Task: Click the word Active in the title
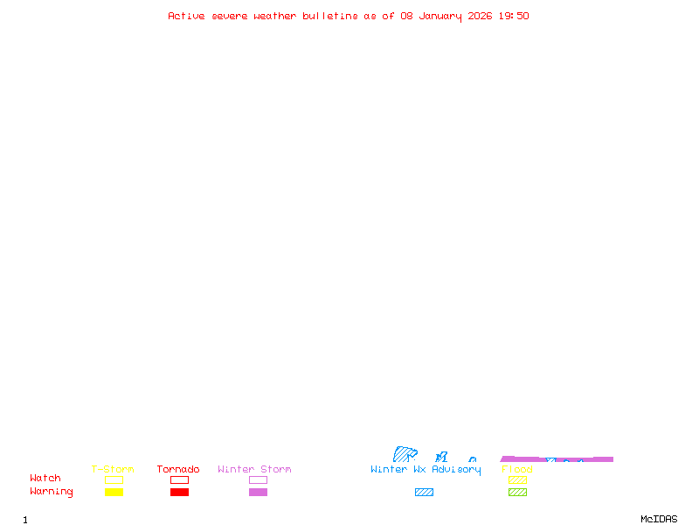186,16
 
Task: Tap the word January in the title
439,16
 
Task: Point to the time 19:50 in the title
514,16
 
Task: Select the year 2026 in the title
481,16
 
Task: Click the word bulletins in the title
330,16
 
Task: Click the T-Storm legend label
113,470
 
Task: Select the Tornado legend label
178,470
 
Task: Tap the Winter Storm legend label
254,470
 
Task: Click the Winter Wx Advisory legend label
426,470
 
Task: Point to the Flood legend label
517,470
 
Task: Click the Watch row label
45,479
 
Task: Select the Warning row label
52,492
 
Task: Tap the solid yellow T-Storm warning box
114,493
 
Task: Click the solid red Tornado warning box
179,493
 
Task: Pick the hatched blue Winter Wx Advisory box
424,493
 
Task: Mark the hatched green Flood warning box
517,493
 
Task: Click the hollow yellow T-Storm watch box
114,479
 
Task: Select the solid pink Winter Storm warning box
258,493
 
